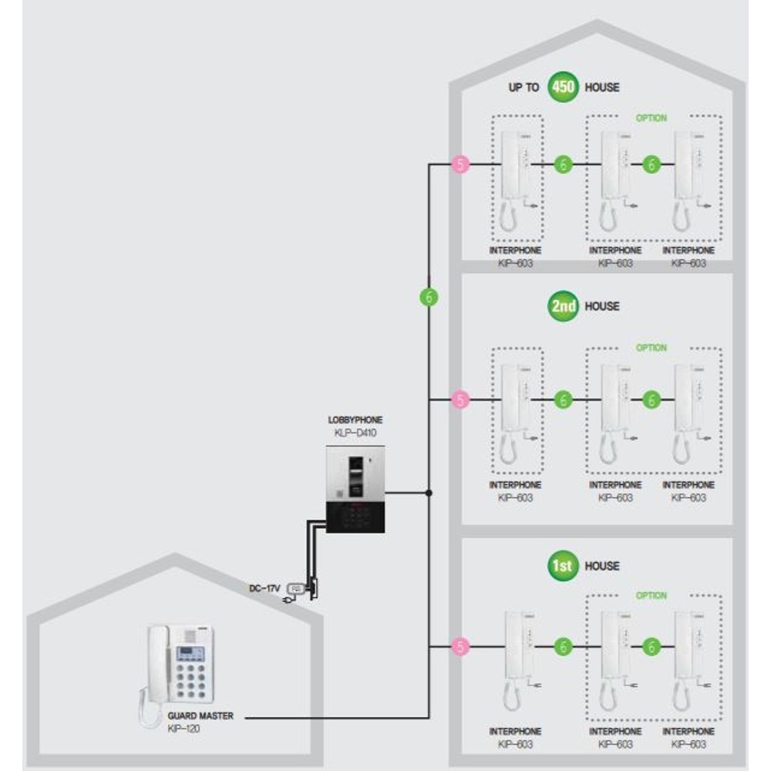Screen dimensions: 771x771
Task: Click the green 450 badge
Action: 563,87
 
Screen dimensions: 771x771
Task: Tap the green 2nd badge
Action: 563,306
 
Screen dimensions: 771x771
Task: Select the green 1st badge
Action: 563,565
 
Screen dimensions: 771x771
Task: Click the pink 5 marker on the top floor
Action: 461,164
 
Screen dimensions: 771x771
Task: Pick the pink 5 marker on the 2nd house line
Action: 461,399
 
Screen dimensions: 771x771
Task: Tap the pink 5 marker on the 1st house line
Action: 461,647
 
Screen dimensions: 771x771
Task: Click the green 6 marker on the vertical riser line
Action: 429,297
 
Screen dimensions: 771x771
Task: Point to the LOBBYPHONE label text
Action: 355,420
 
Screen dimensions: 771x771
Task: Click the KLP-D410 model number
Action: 355,433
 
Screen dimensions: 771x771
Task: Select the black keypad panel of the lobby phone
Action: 355,518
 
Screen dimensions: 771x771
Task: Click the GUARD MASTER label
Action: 200,716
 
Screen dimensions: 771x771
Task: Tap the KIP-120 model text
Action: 183,729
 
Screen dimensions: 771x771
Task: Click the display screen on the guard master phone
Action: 190,654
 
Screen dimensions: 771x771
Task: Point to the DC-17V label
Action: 264,588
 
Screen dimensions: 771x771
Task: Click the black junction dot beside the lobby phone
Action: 429,492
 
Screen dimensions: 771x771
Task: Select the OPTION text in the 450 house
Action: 651,118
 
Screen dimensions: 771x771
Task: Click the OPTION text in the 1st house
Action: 651,595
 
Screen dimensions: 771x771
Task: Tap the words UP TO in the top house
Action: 524,88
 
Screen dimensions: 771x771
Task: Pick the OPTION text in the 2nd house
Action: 651,348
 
